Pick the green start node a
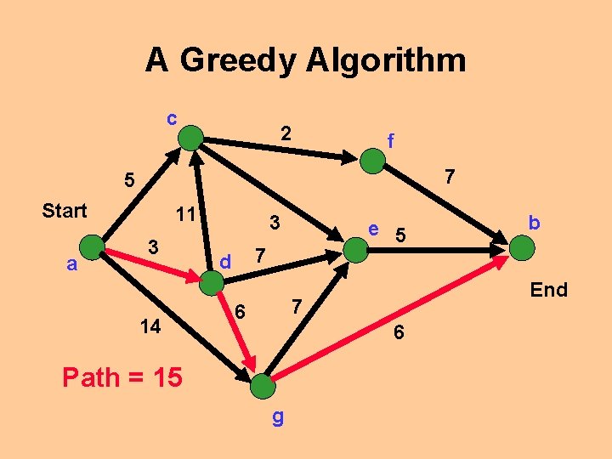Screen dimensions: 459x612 (x=92, y=247)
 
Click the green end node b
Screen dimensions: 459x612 (x=522, y=249)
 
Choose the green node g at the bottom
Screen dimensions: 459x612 (x=263, y=386)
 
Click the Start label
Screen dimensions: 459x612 (x=65, y=211)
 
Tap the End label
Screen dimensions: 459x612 (x=548, y=290)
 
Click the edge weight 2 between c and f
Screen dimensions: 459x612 (x=286, y=133)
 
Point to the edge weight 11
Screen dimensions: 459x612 (x=185, y=213)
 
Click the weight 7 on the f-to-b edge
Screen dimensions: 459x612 (x=450, y=177)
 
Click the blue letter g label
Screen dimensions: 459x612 (x=277, y=416)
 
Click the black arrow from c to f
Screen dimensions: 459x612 (x=280, y=145)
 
